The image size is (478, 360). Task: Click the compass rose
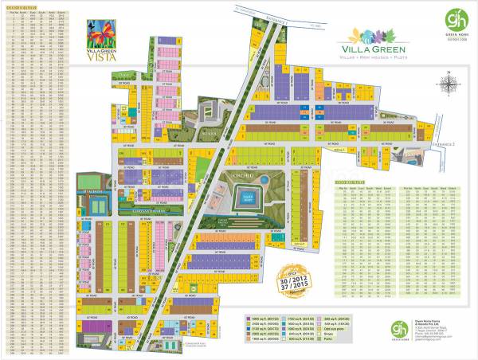[x=450, y=84]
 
